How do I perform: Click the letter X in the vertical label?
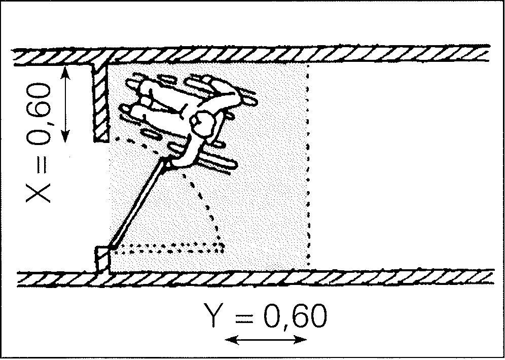39,193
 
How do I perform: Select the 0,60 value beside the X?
39,114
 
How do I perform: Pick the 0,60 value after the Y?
295,317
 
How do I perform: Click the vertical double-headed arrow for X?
66,104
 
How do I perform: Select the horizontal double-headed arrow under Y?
266,340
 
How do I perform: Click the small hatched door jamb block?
103,260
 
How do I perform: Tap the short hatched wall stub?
101,102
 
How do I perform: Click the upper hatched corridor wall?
251,54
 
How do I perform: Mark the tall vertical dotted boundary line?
309,164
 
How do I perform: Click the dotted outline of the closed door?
167,248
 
